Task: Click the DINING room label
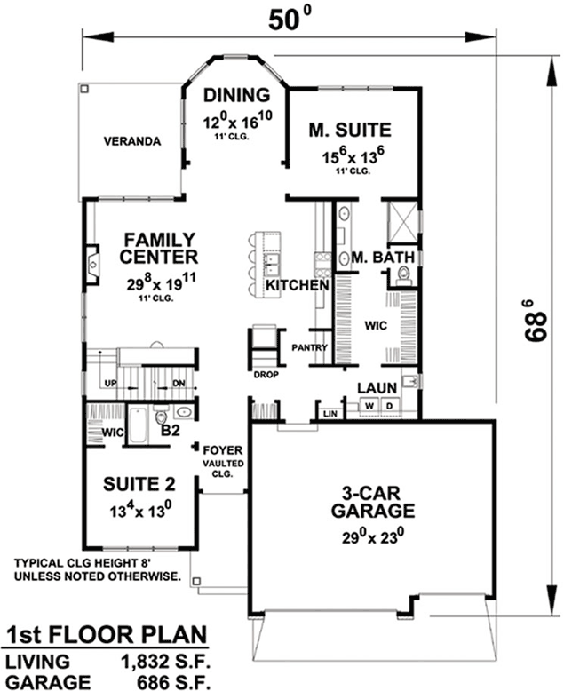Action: pos(235,96)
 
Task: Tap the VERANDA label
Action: pos(131,141)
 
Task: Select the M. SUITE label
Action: pos(351,131)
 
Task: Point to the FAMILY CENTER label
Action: pos(160,249)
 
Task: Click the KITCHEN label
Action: pos(298,287)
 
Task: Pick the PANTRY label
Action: pos(310,347)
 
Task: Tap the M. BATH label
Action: pos(383,258)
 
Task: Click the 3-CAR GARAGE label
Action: pos(372,502)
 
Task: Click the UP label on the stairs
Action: pos(111,383)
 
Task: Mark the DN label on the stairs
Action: pos(178,383)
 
